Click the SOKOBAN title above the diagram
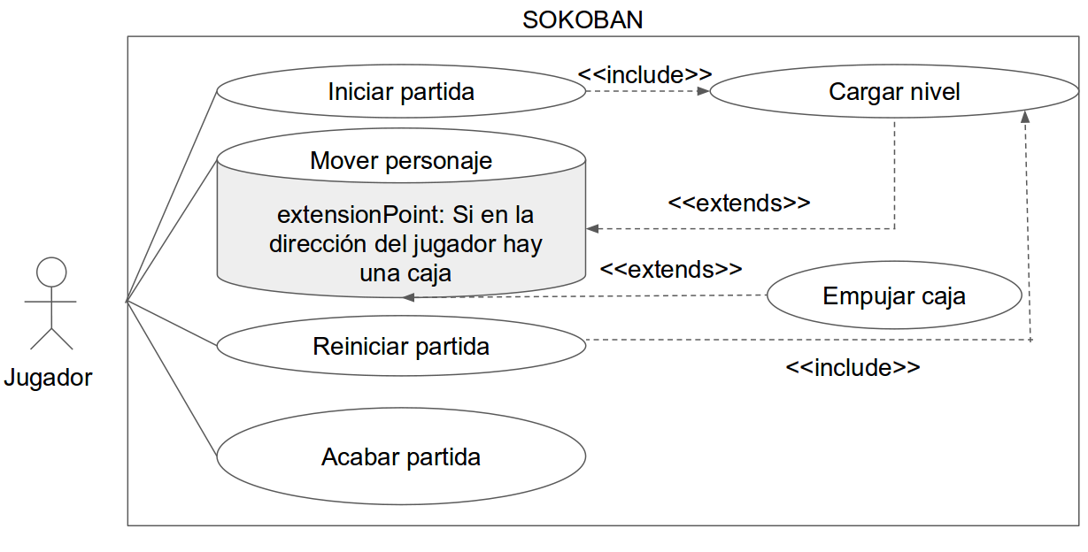[x=583, y=20]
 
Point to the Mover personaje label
[x=401, y=161]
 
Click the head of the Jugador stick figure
[x=51, y=272]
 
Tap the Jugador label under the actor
[x=48, y=378]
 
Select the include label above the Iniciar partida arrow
[x=644, y=75]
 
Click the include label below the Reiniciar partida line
[x=853, y=367]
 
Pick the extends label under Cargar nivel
[x=739, y=203]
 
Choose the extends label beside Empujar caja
[x=671, y=269]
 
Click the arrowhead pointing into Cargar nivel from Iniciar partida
[x=703, y=91]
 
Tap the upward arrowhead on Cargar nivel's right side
[x=1025, y=117]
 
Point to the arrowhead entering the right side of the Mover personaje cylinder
[x=592, y=228]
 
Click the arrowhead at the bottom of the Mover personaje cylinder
[x=409, y=297]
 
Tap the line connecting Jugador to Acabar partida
[x=172, y=379]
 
